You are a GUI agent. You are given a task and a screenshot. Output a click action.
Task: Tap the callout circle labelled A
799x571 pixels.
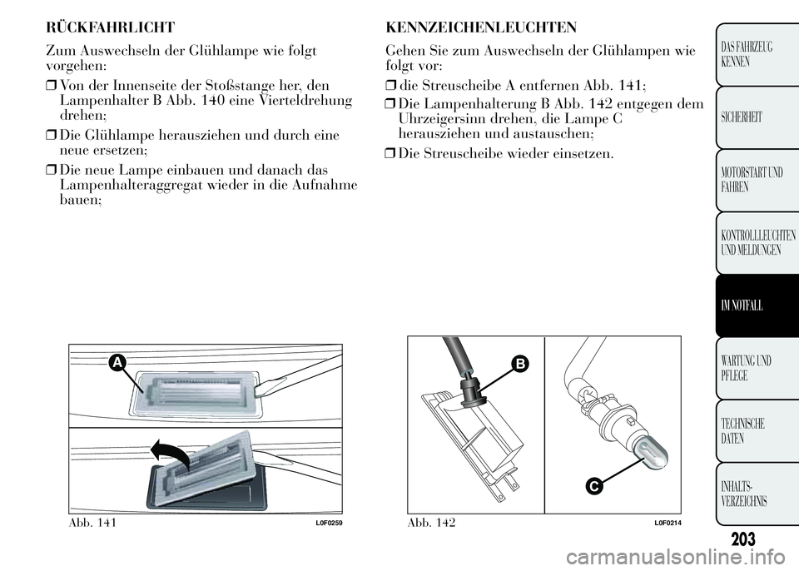(117, 363)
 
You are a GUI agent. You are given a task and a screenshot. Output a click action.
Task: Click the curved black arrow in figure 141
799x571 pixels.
(171, 454)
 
